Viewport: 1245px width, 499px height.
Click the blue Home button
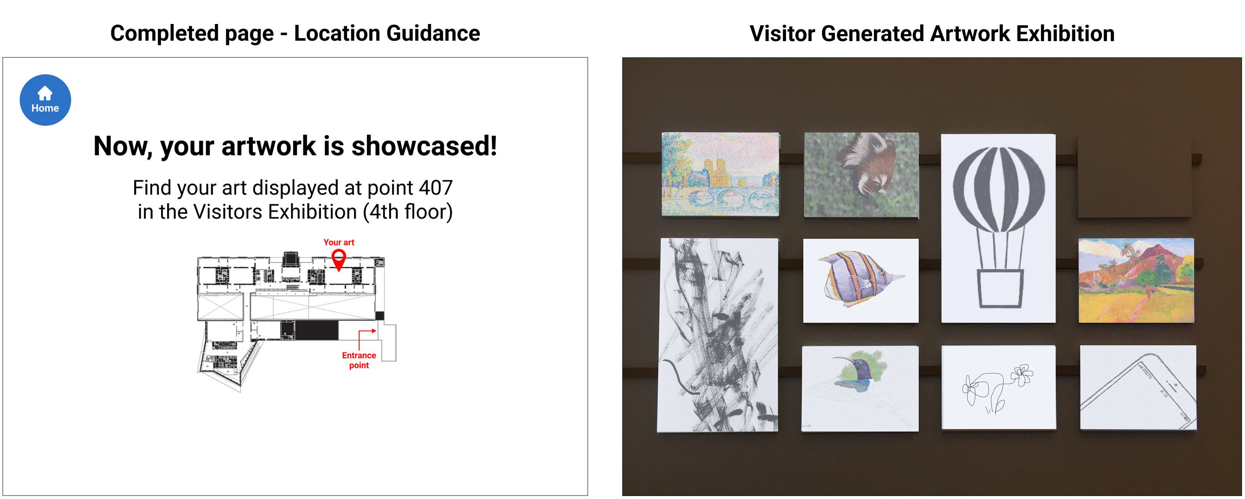click(x=45, y=100)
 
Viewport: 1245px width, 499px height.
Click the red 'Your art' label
click(x=339, y=242)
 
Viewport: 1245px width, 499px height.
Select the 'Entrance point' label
click(x=359, y=360)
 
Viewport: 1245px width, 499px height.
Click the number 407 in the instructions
click(x=435, y=188)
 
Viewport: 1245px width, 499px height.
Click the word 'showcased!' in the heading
click(x=424, y=146)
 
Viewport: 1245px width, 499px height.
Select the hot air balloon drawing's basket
click(x=1000, y=288)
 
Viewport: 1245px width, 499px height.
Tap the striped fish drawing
click(x=860, y=280)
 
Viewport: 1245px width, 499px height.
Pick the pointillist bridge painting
click(x=720, y=174)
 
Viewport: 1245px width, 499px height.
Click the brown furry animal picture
click(x=861, y=174)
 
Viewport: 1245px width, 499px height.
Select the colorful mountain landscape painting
click(x=1136, y=280)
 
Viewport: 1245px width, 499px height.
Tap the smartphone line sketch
click(x=1138, y=387)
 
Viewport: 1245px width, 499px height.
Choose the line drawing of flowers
click(x=999, y=387)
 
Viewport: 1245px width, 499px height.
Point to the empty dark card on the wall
click(x=1134, y=175)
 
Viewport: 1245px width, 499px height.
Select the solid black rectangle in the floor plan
click(x=317, y=330)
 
